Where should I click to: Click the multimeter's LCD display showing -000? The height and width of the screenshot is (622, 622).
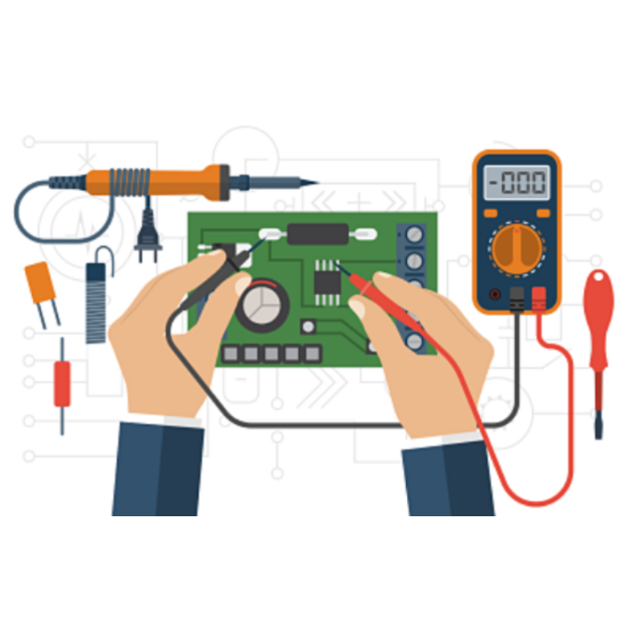click(x=516, y=182)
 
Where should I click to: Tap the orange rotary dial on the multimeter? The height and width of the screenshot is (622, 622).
click(x=517, y=249)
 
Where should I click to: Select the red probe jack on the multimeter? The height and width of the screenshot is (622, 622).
click(x=538, y=299)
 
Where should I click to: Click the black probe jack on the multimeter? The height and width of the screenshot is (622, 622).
click(x=516, y=299)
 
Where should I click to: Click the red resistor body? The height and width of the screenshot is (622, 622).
click(x=62, y=384)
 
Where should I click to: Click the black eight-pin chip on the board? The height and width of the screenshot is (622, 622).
click(x=327, y=283)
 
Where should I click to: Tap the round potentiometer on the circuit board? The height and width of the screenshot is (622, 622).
click(x=262, y=305)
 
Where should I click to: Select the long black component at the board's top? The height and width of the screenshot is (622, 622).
click(x=318, y=234)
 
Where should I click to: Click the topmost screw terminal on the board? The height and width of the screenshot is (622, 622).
click(x=415, y=235)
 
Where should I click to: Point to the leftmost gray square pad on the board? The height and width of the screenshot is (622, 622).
click(x=231, y=354)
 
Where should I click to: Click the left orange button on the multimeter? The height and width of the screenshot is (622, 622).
click(x=490, y=213)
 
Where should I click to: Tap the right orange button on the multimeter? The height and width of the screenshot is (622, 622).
click(x=543, y=213)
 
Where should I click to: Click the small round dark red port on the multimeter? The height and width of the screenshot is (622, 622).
click(x=494, y=294)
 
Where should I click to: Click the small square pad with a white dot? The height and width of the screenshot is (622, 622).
click(x=308, y=327)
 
